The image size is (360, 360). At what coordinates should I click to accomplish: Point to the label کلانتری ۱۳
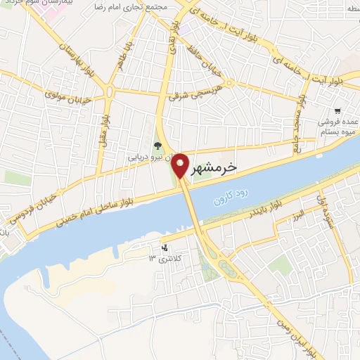pyautogui.click(x=161, y=259)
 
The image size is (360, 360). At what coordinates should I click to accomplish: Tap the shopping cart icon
pyautogui.click(x=338, y=110)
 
